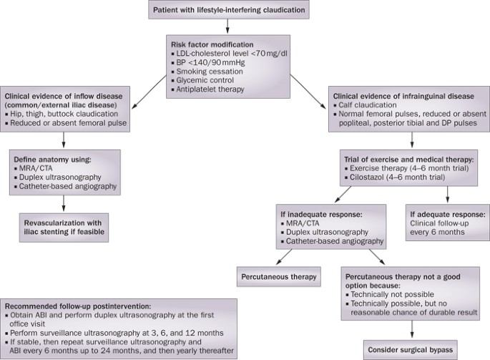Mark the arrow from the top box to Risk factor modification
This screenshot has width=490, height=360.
[227, 26]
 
